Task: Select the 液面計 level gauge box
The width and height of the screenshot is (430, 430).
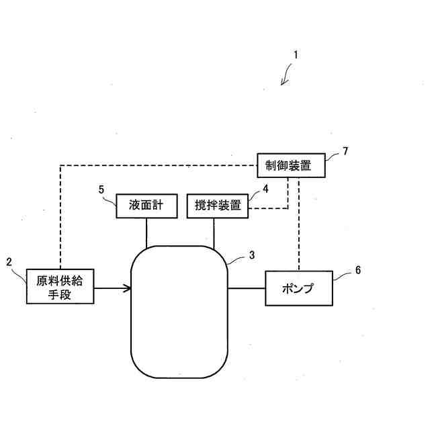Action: (x=145, y=205)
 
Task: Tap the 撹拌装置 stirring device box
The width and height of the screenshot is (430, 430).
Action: (x=217, y=205)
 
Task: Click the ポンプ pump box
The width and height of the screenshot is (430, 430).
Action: (x=298, y=289)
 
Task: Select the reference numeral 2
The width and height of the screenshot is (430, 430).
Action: (x=9, y=261)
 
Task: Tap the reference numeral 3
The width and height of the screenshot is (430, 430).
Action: (x=251, y=255)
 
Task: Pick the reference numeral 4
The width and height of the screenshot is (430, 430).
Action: (x=266, y=189)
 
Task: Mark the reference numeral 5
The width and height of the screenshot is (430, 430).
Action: (x=101, y=189)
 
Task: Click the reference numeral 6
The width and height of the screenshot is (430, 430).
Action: (x=357, y=269)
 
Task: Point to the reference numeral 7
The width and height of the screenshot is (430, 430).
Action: (x=345, y=150)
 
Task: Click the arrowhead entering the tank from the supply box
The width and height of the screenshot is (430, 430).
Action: (x=126, y=289)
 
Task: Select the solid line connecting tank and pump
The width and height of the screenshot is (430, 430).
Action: (x=247, y=289)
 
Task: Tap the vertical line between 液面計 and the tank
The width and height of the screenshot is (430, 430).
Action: (x=146, y=232)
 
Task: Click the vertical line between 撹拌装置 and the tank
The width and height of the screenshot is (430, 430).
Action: (x=214, y=232)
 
